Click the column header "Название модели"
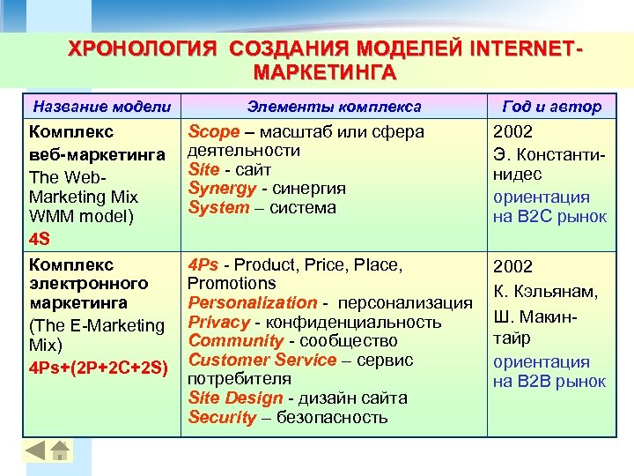point(101,107)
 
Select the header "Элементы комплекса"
point(334,107)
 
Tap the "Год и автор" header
point(552,107)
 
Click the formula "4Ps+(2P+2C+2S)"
point(98,366)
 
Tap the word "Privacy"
point(219,322)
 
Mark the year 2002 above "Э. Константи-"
point(513,132)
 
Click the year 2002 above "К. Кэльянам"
point(513,266)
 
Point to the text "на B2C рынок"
point(549,217)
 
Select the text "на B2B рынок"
point(549,381)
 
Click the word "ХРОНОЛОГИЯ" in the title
point(142,48)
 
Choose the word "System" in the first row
point(219,208)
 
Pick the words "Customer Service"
point(262,360)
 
